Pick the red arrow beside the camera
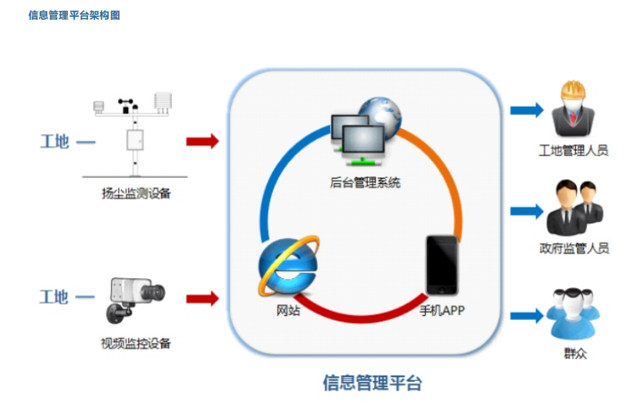tap(203, 298)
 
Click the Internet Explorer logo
tap(288, 267)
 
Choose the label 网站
tap(288, 311)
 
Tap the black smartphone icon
tap(442, 265)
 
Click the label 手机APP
tap(442, 311)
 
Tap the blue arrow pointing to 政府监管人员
tap(527, 210)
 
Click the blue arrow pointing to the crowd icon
tap(527, 315)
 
